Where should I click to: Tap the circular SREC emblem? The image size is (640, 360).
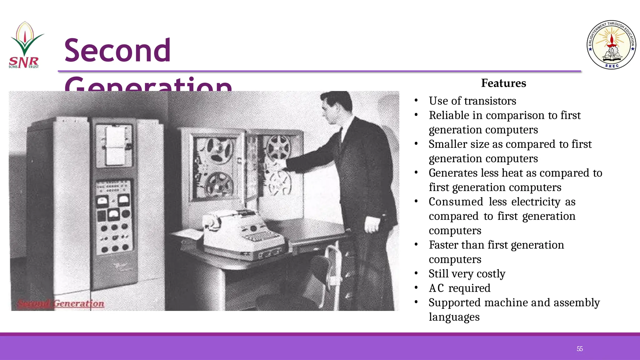click(x=611, y=45)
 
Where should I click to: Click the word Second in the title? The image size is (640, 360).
click(x=117, y=50)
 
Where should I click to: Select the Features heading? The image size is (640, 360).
click(x=503, y=83)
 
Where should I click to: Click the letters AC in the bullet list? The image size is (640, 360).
click(x=436, y=288)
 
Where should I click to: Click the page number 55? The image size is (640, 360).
click(x=580, y=349)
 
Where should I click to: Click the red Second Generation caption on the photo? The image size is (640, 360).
click(x=61, y=303)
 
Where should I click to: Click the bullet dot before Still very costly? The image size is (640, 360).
click(x=416, y=274)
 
